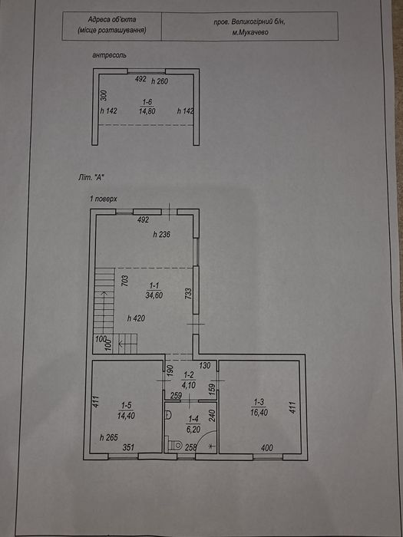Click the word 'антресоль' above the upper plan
[x=109, y=54]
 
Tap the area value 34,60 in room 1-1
[x=154, y=295]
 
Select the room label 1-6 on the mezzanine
[x=146, y=102]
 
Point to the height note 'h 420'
[x=136, y=318]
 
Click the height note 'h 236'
[x=162, y=235]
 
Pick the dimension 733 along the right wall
[x=187, y=294]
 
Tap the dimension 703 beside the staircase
[x=125, y=282]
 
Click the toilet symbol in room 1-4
[x=176, y=445]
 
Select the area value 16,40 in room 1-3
[x=259, y=413]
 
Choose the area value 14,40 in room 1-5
[x=127, y=416]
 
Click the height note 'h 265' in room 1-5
[x=109, y=437]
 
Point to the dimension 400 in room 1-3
[x=267, y=447]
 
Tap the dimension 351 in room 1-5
[x=128, y=447]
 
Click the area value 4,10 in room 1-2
[x=189, y=384]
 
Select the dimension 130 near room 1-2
[x=204, y=366]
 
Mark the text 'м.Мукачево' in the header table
[x=249, y=32]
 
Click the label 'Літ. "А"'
[x=91, y=178]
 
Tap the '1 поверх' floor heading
[x=104, y=199]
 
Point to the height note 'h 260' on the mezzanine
[x=160, y=81]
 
